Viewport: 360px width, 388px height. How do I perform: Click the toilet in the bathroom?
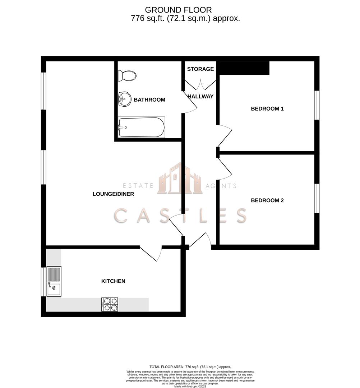[127, 76]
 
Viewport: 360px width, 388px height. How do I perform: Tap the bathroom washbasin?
[124, 99]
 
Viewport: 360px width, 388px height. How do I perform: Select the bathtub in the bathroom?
[141, 127]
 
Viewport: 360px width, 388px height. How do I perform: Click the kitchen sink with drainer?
[54, 281]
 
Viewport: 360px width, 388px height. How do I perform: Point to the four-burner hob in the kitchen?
[110, 304]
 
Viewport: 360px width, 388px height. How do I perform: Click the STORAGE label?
[200, 69]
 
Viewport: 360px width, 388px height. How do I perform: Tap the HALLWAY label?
[200, 96]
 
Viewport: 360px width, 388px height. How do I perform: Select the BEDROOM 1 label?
[267, 108]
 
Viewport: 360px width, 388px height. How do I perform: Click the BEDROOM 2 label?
[267, 200]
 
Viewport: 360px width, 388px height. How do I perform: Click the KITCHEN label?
[113, 281]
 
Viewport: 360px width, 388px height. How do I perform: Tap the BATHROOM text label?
[149, 100]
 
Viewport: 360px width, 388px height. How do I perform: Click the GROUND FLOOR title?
[178, 10]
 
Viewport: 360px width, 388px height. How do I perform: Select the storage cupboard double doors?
[200, 85]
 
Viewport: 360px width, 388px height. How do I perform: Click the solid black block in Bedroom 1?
[244, 68]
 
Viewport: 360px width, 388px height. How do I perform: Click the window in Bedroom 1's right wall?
[317, 105]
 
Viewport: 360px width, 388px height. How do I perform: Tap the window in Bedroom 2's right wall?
[317, 198]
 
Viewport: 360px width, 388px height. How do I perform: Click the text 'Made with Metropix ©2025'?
[191, 386]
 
